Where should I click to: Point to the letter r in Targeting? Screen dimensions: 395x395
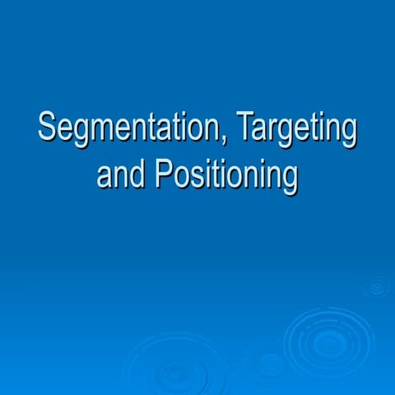[275, 132]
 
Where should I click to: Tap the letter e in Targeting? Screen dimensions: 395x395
[309, 132]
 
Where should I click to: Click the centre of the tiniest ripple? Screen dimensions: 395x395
[378, 287]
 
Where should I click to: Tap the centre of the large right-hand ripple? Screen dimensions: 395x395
[329, 341]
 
